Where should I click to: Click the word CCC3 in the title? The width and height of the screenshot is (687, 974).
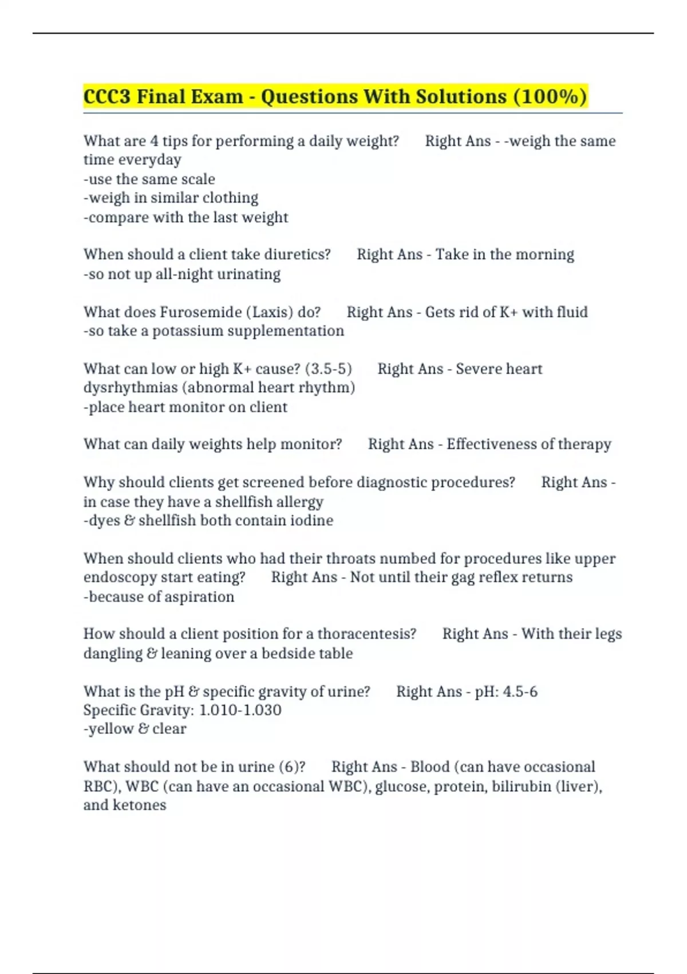pyautogui.click(x=106, y=96)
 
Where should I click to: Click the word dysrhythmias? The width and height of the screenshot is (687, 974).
pyautogui.click(x=131, y=388)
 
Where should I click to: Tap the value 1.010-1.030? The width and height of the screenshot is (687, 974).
pyautogui.click(x=240, y=710)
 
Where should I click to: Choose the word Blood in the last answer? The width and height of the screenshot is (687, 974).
pyautogui.click(x=429, y=767)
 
